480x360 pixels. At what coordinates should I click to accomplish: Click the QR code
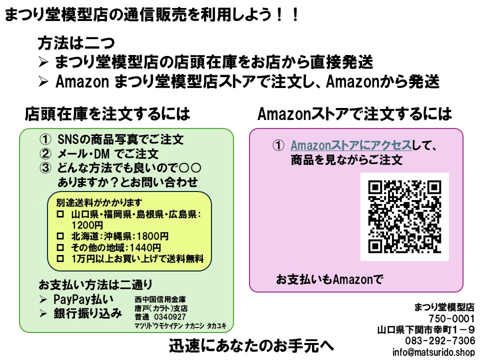pos(404,216)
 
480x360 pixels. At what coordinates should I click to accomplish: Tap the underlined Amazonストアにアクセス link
pos(351,146)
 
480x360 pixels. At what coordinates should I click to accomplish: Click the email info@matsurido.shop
pos(433,352)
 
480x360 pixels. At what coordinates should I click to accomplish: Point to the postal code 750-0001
pos(451,319)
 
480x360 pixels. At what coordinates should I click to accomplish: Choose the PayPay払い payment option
pos(83,299)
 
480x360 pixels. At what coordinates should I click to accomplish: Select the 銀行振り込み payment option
pos(87,313)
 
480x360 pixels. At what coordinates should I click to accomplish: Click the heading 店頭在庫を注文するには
pos(107,114)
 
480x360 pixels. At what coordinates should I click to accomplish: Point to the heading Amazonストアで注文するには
pos(354,114)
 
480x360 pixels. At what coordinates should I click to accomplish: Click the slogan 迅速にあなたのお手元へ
pos(250,346)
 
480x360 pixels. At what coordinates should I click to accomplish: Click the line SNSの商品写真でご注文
pos(120,139)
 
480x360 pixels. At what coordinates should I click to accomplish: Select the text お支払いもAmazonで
pos(329,279)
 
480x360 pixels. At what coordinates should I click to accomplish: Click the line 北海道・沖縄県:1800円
pos(119,236)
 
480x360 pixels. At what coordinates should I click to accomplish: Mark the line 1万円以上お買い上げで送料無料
pos(137,258)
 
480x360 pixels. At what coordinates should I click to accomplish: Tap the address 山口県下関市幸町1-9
pos(426,330)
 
